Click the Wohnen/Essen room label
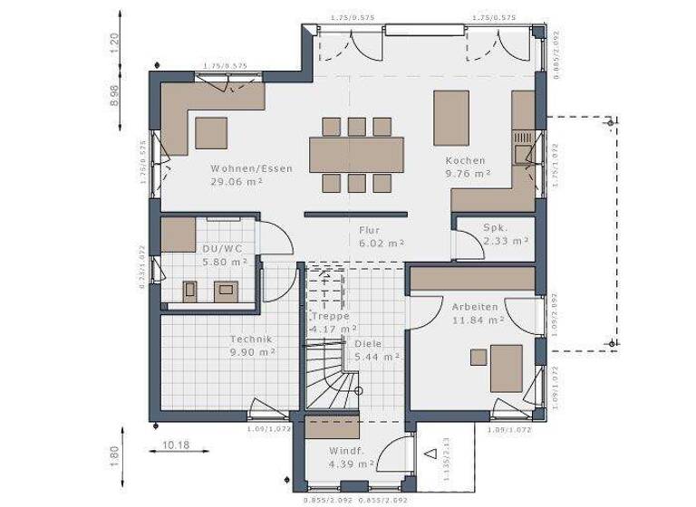coord(251,168)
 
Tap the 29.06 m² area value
coord(237,182)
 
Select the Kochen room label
coord(464,160)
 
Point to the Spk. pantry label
coord(494,228)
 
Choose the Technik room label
coord(251,339)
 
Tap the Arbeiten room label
coord(475,307)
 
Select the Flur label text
coord(368,230)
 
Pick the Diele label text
coord(368,344)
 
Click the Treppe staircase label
coord(330,317)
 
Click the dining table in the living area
coord(356,154)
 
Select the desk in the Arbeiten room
coord(506,366)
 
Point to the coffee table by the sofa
coord(212,132)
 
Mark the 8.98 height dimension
coord(114,96)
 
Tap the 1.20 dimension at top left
coord(114,43)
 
